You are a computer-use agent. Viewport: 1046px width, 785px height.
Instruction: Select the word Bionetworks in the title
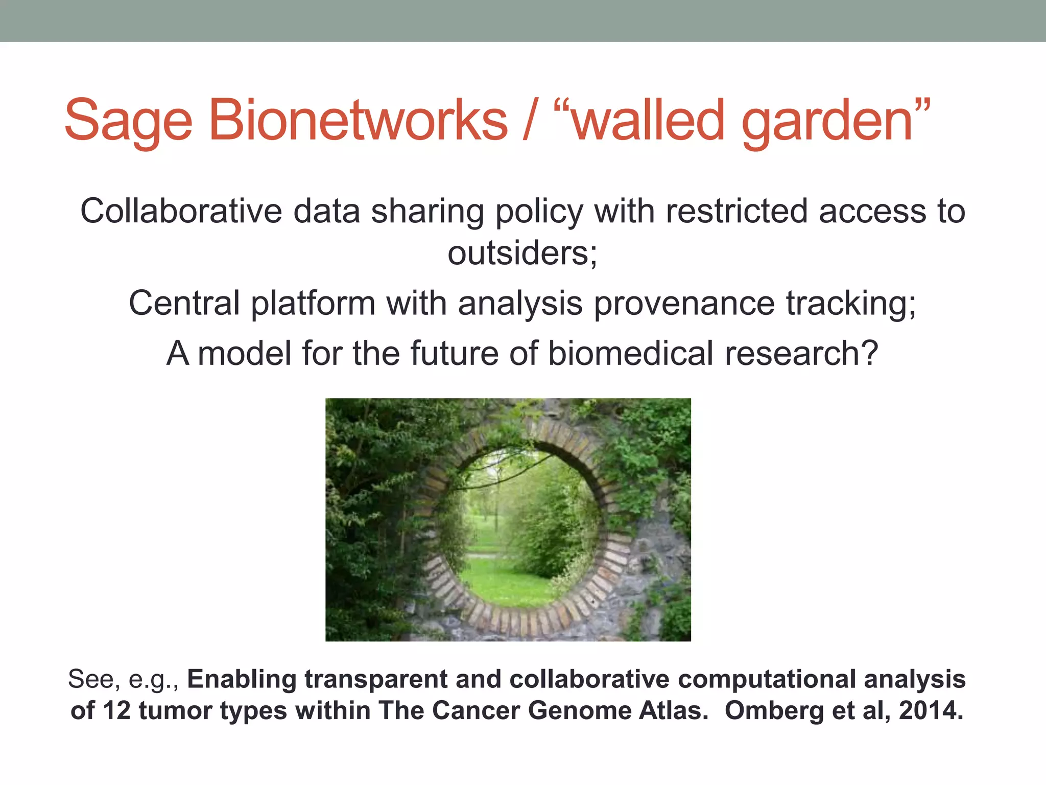(x=358, y=120)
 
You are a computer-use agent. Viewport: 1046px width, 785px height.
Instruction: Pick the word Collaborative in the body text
(x=181, y=211)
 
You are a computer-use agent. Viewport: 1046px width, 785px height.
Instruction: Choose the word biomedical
(x=630, y=353)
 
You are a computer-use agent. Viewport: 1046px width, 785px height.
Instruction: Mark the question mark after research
(x=868, y=353)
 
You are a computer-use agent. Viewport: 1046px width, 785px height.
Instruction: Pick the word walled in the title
(x=648, y=120)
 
